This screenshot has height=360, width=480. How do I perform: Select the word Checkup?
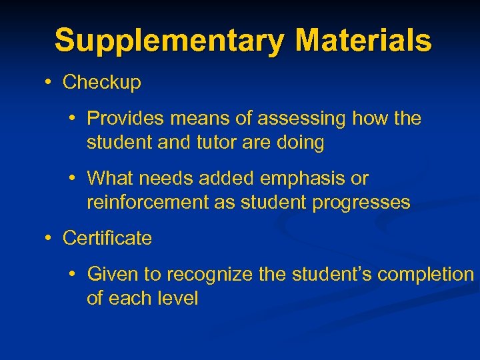(101, 83)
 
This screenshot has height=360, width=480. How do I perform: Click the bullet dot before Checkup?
(49, 83)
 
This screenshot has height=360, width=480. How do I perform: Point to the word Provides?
(125, 119)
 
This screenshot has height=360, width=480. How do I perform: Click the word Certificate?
(107, 239)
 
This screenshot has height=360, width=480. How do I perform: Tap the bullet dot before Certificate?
(49, 239)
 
